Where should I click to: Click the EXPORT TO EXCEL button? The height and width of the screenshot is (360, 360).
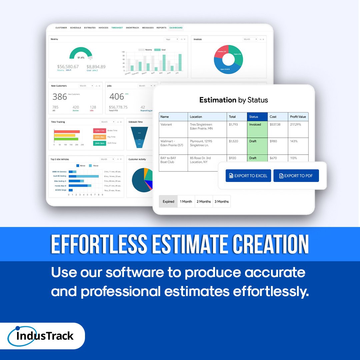pos(248,176)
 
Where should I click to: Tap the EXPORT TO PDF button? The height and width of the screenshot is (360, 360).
pos(296,176)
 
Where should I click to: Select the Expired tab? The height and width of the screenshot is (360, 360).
pos(168,201)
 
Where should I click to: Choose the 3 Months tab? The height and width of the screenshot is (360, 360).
pos(222,201)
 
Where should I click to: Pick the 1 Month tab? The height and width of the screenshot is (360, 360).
pos(186,201)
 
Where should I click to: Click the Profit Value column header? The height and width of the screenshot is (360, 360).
pos(298,117)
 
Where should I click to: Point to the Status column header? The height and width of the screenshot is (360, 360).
pos(257,117)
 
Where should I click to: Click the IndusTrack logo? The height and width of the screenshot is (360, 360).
pos(45,336)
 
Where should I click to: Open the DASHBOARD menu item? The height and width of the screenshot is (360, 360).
pos(176,28)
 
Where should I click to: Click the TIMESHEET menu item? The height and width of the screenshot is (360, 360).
pos(117,28)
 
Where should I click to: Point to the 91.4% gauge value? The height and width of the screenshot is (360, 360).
pos(81,58)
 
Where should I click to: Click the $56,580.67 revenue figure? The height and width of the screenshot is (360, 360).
pos(68,67)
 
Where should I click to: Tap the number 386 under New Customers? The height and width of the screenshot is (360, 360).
pos(60,97)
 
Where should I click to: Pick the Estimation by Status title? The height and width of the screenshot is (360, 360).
pos(233,100)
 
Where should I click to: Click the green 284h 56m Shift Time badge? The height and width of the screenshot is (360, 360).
pos(100,143)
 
